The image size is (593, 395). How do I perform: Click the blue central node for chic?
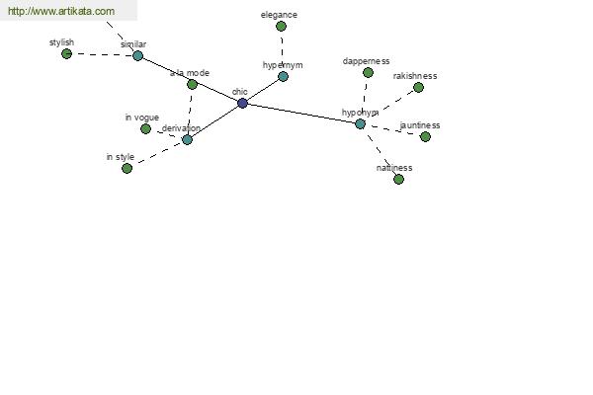pyautogui.click(x=242, y=103)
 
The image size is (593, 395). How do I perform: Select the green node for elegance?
pyautogui.click(x=281, y=26)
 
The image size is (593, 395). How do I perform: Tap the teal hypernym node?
pyautogui.click(x=283, y=76)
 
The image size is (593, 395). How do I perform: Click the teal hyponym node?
pyautogui.click(x=360, y=123)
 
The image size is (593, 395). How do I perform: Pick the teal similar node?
pyautogui.click(x=138, y=56)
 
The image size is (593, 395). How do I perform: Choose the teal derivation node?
pyautogui.click(x=187, y=140)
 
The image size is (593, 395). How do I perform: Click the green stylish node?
pyautogui.click(x=66, y=53)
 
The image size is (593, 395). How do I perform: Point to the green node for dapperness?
pyautogui.click(x=368, y=72)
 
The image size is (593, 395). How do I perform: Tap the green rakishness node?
pyautogui.click(x=418, y=87)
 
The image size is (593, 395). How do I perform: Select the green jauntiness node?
pyautogui.click(x=425, y=136)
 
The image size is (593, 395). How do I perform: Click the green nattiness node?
pyautogui.click(x=398, y=179)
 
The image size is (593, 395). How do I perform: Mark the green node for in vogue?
pyautogui.click(x=145, y=129)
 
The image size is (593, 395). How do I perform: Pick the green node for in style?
pyautogui.click(x=127, y=168)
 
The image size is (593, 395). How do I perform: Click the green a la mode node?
pyautogui.click(x=192, y=84)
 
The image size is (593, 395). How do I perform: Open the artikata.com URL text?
pyautogui.click(x=61, y=11)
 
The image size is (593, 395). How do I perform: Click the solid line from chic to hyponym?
pyautogui.click(x=301, y=114)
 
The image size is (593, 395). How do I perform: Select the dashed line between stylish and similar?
pyautogui.click(x=102, y=55)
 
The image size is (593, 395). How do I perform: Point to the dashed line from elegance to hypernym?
pyautogui.click(x=282, y=51)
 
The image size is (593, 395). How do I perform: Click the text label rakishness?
pyautogui.click(x=415, y=76)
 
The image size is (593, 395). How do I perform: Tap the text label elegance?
pyautogui.click(x=279, y=15)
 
